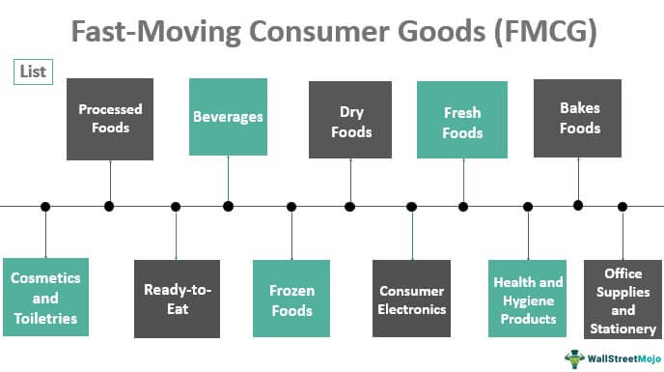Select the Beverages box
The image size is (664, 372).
(x=228, y=118)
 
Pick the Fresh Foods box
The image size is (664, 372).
(x=462, y=120)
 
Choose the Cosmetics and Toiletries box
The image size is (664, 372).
(x=45, y=298)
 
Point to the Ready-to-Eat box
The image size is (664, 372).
(x=177, y=298)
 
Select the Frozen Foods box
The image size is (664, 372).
(x=291, y=298)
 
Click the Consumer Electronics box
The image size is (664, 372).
(x=412, y=298)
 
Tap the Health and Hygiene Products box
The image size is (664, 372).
(x=528, y=298)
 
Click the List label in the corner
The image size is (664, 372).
(x=33, y=72)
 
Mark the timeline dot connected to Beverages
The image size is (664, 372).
(x=228, y=206)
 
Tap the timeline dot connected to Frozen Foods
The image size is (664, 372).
(x=291, y=206)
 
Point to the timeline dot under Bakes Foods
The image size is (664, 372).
(x=579, y=205)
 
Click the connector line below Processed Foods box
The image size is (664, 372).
(x=109, y=181)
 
